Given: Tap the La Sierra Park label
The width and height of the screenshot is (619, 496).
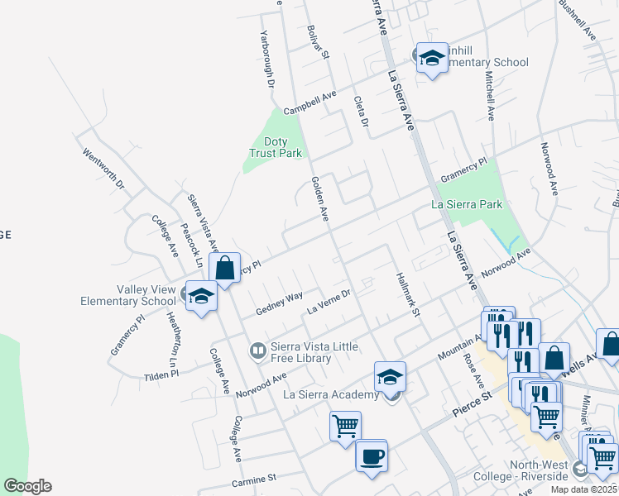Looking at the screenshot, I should [467, 204].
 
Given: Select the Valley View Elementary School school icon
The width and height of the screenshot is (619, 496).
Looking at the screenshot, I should [201, 296].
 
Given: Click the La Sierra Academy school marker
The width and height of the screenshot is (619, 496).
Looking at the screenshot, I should [390, 377].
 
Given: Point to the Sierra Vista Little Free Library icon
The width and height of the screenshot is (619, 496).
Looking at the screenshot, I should [258, 351].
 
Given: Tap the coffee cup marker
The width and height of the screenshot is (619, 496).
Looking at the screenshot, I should [372, 455].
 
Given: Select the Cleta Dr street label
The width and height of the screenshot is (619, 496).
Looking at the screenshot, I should [361, 112].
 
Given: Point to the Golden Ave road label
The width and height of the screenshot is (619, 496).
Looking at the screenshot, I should [320, 198].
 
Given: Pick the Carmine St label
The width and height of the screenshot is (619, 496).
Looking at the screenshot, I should [253, 479].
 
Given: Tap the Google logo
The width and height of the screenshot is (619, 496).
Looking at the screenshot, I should [27, 486].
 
